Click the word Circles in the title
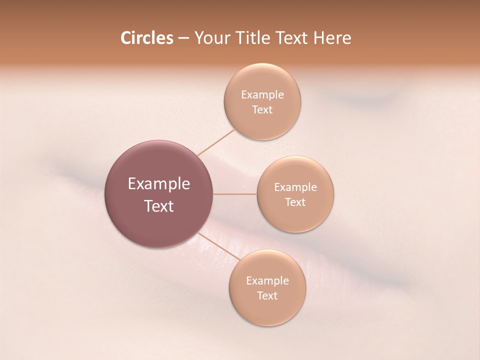(146, 38)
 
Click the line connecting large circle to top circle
(216, 142)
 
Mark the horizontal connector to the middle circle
(235, 194)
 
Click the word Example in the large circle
(159, 184)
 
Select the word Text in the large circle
(159, 206)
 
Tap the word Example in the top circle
(262, 95)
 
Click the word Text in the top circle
(262, 110)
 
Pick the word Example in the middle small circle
(295, 187)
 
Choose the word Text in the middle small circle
(295, 202)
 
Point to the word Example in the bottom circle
(267, 281)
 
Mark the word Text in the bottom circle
(267, 296)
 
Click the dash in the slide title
(183, 38)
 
